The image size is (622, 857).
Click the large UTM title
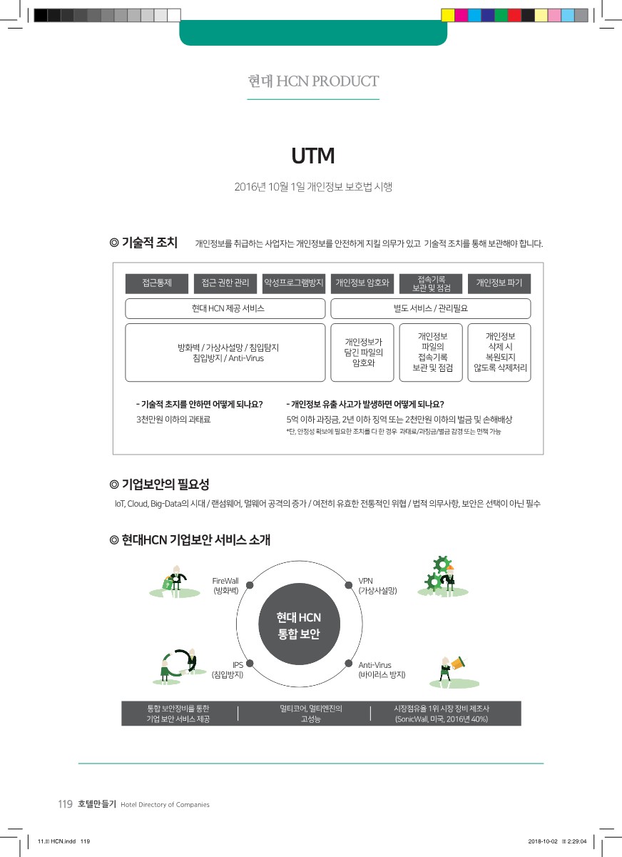coord(312,156)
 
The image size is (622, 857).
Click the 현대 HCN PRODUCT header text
coord(313,81)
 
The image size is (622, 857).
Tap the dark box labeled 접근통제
coord(157,283)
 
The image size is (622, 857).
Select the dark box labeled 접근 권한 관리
coord(225,283)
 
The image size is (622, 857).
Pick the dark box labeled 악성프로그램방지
coord(294,283)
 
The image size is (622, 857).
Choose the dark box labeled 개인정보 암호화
coord(362,283)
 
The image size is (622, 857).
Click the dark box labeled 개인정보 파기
coord(499,283)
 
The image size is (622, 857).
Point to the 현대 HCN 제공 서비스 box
coord(225,308)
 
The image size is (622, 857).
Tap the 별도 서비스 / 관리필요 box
coord(431,308)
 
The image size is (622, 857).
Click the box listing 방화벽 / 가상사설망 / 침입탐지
coord(225,353)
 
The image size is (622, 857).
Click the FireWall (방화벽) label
coord(225,586)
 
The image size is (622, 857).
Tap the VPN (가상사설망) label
coord(377,586)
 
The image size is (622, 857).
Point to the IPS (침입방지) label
coord(228,669)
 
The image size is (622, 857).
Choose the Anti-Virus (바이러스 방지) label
coord(382,669)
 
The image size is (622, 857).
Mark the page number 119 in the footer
coord(65,804)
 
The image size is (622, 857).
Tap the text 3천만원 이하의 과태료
coord(173,419)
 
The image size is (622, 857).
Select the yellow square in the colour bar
coord(448,15)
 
